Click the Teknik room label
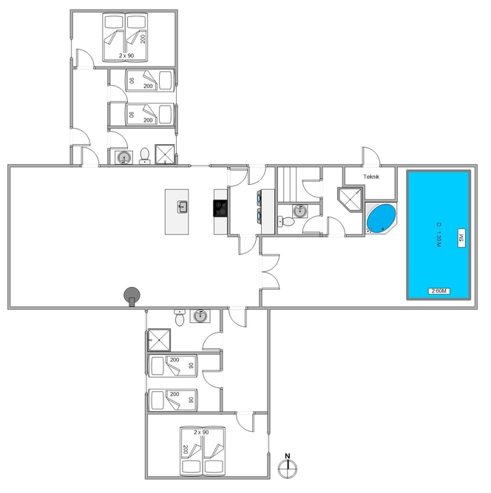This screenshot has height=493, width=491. click(371, 177)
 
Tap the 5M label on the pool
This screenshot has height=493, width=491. click(461, 238)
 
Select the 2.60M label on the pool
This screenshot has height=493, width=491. click(438, 290)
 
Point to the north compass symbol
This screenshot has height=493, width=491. click(288, 466)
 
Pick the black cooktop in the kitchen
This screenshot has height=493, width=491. click(220, 208)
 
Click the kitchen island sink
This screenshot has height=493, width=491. click(183, 207)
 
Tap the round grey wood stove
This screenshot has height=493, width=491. click(132, 296)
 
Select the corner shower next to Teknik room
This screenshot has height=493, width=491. click(351, 200)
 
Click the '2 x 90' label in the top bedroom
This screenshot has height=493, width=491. click(126, 55)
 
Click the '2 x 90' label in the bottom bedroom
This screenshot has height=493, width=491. click(201, 432)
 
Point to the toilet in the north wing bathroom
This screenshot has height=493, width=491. click(144, 156)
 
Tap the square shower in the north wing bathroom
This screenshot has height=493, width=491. click(164, 154)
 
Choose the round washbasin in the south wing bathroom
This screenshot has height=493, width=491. click(200, 316)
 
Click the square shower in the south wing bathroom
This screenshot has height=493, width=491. click(159, 340)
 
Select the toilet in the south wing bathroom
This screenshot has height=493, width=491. click(180, 318)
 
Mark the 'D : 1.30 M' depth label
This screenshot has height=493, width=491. click(439, 234)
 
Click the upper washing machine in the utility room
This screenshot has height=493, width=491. click(260, 198)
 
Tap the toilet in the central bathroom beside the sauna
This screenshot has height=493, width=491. click(286, 221)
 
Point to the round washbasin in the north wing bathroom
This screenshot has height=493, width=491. click(124, 157)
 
